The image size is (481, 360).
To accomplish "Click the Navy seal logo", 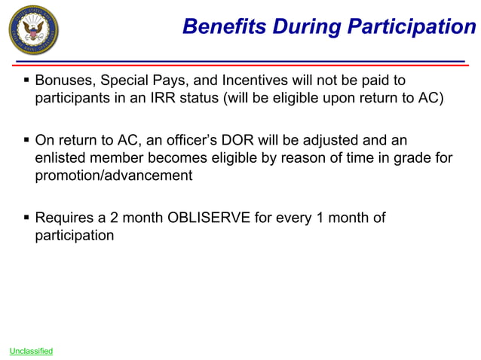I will (32, 31).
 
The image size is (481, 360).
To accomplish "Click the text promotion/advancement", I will (114, 176).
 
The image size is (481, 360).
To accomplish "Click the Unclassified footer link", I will (31, 351).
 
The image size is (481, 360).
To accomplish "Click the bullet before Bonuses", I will (26, 81).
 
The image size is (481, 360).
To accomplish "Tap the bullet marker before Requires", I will (26, 218).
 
